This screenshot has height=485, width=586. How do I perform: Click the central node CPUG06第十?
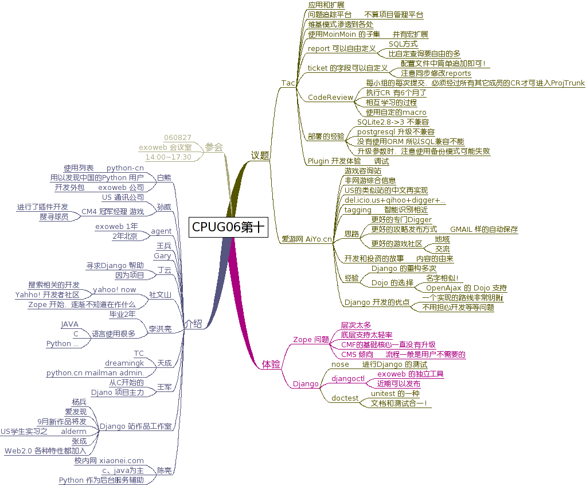coord(228,227)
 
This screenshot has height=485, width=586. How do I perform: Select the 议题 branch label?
coord(260,156)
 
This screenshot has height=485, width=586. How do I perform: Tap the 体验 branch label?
coord(271,364)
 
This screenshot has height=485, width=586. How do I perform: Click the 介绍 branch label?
coord(193,324)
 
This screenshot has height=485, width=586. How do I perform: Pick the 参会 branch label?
coord(214,147)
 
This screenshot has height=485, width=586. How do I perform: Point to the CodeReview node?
coord(330,98)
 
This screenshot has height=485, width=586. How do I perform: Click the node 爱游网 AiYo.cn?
coord(307,239)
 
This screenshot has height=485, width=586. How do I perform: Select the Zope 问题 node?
coord(311,339)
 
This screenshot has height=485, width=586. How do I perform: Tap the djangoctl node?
coord(348,378)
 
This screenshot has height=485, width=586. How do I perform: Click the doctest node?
coord(345,398)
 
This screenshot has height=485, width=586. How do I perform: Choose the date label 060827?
coord(177,138)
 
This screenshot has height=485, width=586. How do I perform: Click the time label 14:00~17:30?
coord(168,157)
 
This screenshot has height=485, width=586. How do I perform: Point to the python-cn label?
coord(125,168)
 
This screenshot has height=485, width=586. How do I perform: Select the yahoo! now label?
coord(115,290)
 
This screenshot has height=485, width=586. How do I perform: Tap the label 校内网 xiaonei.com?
coord(109,460)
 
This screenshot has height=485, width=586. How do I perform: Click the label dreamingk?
coord(124,363)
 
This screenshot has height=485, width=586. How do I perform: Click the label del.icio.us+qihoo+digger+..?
coord(394,200)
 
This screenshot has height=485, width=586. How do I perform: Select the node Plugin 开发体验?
coord(334,161)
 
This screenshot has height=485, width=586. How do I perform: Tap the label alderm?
coord(73,431)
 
